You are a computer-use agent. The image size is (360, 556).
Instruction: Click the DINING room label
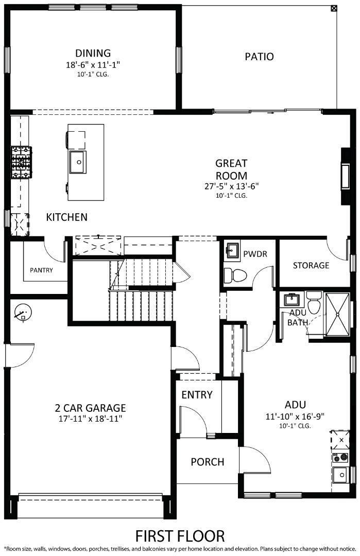click(93, 53)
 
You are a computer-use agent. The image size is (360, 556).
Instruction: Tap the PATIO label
click(259, 57)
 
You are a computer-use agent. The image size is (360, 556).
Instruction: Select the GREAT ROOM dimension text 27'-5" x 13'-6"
click(231, 186)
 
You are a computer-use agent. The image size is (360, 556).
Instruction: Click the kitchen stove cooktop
click(21, 162)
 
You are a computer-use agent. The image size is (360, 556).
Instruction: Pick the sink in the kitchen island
click(78, 162)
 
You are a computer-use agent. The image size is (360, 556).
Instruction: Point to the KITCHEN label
click(66, 217)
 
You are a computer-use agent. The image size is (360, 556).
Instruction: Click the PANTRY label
click(41, 270)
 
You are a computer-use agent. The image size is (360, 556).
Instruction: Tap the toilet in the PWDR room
click(235, 275)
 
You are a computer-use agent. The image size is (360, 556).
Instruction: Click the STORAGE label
click(311, 266)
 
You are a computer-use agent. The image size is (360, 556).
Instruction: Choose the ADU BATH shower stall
click(338, 314)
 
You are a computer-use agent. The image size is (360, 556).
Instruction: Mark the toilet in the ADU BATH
click(314, 303)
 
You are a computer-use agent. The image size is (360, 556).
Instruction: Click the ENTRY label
click(197, 395)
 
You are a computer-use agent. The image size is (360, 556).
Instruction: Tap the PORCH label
click(208, 462)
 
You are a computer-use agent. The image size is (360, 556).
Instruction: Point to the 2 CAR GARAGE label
click(91, 408)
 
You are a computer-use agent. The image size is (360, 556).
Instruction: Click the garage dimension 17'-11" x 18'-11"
click(91, 419)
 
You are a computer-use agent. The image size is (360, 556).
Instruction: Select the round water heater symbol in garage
click(23, 312)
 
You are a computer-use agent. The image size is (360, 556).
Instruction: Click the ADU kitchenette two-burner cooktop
click(340, 458)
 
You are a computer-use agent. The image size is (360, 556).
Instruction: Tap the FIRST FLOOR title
click(180, 536)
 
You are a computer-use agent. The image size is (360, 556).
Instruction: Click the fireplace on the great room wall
click(345, 176)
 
